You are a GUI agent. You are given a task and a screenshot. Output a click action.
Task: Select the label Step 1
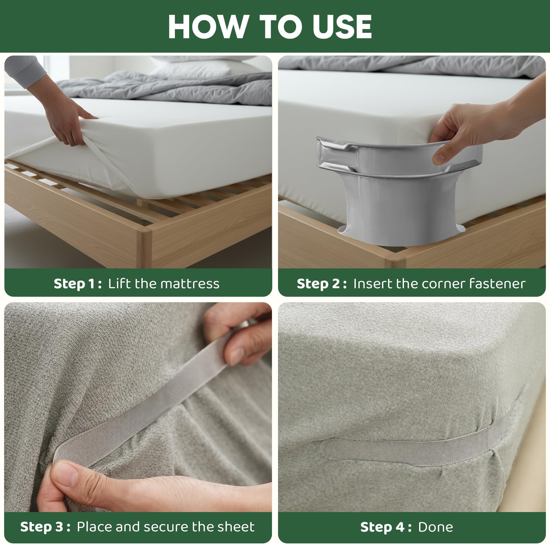point(78,284)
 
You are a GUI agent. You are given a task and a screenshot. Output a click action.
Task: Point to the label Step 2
point(322,284)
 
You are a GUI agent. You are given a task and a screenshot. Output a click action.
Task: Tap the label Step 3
point(45,527)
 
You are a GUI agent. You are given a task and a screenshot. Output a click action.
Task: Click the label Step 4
point(386,527)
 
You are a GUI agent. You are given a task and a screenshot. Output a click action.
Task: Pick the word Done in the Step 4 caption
point(436,527)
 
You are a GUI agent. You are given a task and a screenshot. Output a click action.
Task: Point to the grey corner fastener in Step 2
point(398,189)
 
